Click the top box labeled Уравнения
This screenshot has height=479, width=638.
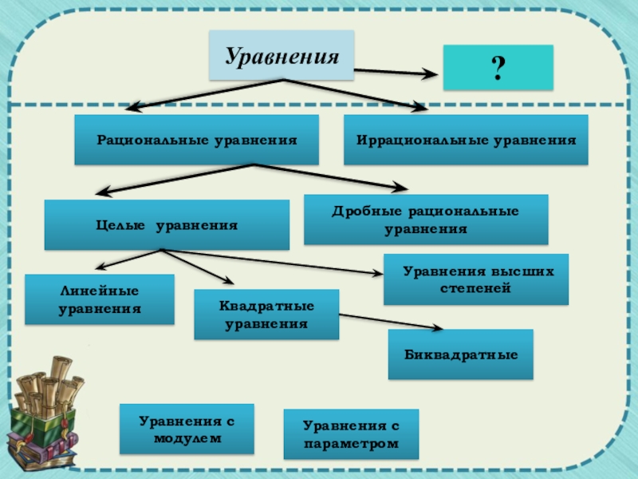pyautogui.click(x=282, y=56)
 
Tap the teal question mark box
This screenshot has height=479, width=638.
pyautogui.click(x=497, y=67)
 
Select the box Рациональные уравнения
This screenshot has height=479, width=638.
pyautogui.click(x=196, y=140)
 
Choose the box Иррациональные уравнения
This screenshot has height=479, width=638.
pyautogui.click(x=466, y=140)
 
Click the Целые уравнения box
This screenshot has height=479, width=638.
pyautogui.click(x=167, y=225)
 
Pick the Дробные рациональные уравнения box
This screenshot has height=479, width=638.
pyautogui.click(x=426, y=220)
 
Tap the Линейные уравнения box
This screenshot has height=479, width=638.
pyautogui.click(x=100, y=299)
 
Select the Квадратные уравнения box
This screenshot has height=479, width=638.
pyautogui.click(x=266, y=315)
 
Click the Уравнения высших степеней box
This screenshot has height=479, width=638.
pyautogui.click(x=476, y=279)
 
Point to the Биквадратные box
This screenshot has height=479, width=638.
pyautogui.click(x=460, y=354)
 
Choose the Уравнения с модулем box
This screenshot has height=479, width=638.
pyautogui.click(x=187, y=429)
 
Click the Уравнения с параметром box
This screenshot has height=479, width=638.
pyautogui.click(x=351, y=434)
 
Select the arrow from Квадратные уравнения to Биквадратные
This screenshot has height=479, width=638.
pyautogui.click(x=391, y=322)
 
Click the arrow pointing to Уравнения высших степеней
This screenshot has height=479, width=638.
pyautogui.click(x=279, y=262)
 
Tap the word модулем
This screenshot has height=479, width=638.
pyautogui.click(x=187, y=437)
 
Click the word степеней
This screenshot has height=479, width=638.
pyautogui.click(x=475, y=287)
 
